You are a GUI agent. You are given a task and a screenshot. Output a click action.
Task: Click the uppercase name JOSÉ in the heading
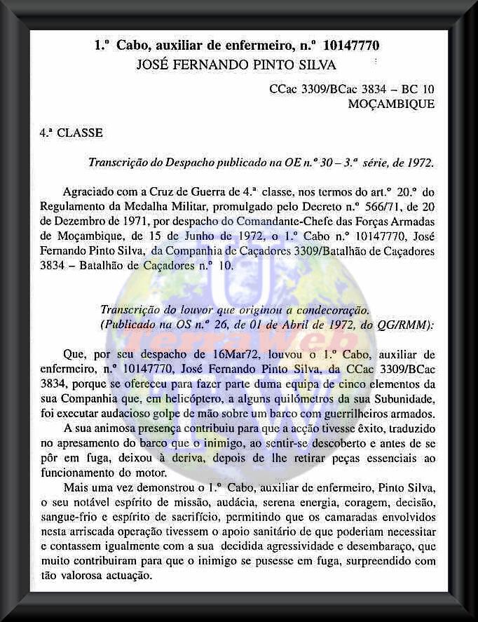click(x=158, y=65)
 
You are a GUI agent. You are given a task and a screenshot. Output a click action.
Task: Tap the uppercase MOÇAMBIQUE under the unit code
click(x=390, y=104)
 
